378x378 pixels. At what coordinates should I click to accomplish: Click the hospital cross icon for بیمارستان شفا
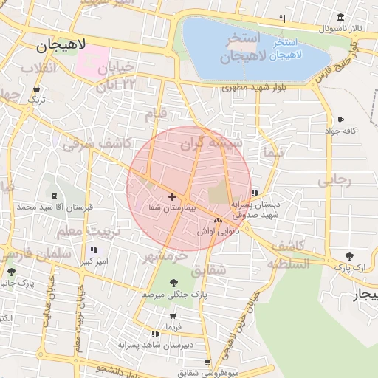(x=172, y=196)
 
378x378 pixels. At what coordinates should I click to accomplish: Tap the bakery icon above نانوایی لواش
(x=218, y=220)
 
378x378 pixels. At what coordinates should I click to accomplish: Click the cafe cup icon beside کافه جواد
(x=340, y=120)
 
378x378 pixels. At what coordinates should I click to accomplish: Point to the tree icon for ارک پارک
(x=348, y=256)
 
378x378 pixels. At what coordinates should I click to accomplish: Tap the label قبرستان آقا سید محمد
(x=47, y=207)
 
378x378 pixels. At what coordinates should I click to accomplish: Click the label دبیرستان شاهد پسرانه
(x=168, y=344)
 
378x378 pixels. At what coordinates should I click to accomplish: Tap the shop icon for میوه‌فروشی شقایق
(x=207, y=362)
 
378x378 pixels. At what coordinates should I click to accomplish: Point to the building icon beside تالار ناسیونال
(x=340, y=18)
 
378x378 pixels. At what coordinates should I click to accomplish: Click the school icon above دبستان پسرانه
(x=255, y=193)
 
